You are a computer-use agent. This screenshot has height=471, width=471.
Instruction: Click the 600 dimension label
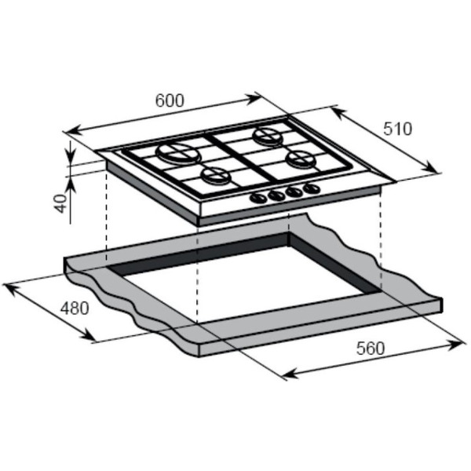click(170, 100)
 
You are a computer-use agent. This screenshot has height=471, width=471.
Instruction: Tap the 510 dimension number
click(397, 129)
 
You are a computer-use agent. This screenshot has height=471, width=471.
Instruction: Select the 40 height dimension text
click(60, 203)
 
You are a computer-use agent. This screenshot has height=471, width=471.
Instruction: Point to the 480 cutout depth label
click(75, 309)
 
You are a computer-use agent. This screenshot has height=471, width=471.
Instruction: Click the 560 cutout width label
click(371, 349)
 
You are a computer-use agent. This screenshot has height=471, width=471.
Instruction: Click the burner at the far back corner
click(268, 136)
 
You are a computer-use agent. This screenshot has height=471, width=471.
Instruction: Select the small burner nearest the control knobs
click(215, 176)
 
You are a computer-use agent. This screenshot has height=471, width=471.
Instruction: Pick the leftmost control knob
click(258, 199)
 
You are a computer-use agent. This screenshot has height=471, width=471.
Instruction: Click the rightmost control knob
click(312, 189)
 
